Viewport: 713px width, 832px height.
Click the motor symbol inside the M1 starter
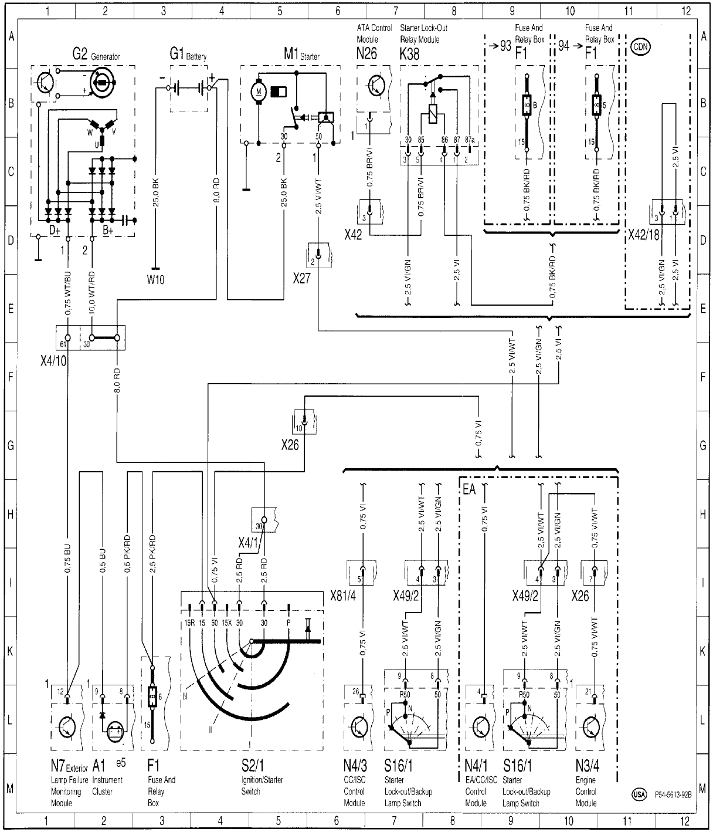(x=259, y=92)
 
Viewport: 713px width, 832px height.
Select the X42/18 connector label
(x=644, y=235)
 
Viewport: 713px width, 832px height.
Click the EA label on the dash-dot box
(x=470, y=488)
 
